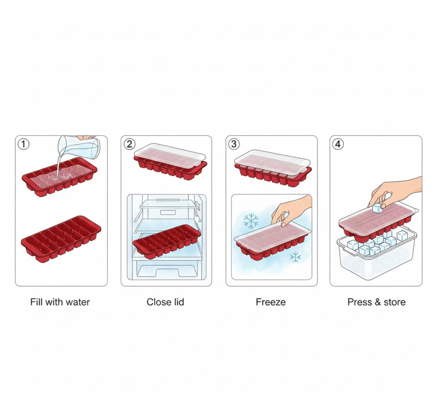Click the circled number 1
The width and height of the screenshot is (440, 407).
point(24,144)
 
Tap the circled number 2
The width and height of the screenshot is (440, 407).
point(130,144)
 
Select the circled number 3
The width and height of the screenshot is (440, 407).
point(234,144)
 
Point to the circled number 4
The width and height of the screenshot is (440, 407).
point(338,144)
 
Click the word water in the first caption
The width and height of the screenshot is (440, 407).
point(77,302)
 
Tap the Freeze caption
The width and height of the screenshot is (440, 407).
point(271,302)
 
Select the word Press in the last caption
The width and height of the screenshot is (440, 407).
point(359,302)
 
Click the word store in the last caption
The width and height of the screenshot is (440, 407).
point(394,302)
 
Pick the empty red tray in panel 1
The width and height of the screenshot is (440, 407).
point(61,239)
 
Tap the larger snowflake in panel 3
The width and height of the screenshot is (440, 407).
point(251,221)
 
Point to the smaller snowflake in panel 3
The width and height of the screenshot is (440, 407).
point(296,257)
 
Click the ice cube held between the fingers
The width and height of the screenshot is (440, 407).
point(377,209)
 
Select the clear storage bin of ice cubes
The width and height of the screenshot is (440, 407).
point(375,259)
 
